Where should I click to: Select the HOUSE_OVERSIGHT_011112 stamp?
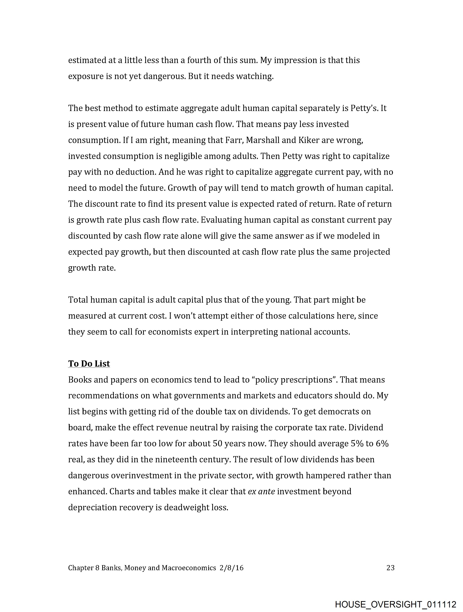pos(395,604)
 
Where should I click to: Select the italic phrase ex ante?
pos(261,491)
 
